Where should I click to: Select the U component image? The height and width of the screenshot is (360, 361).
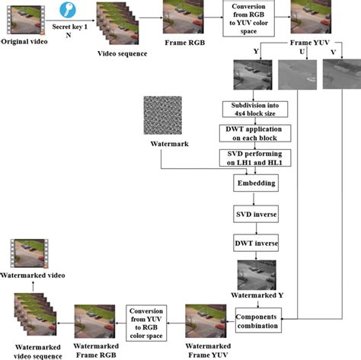click(292, 76)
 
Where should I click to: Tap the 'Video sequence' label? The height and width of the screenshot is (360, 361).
click(120, 53)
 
